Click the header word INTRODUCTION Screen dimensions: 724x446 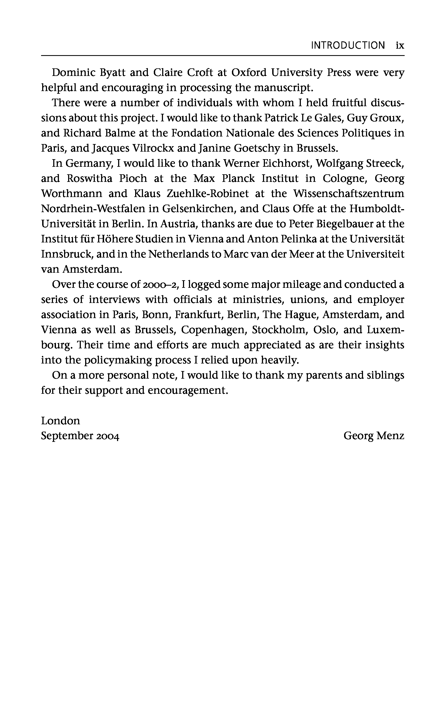point(348,45)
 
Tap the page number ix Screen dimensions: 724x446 point(400,45)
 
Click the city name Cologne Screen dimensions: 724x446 point(344,178)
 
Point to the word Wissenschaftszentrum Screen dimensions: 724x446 point(349,193)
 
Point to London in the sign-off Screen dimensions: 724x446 point(61,421)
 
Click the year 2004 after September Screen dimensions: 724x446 point(108,436)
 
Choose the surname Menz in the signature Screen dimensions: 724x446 point(390,436)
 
